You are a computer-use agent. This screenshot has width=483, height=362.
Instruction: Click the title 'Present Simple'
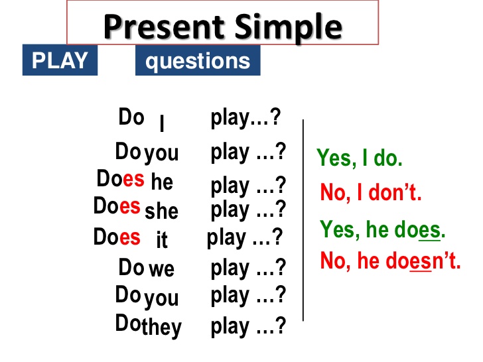click(x=223, y=27)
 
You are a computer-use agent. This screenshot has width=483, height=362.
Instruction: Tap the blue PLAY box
click(x=60, y=60)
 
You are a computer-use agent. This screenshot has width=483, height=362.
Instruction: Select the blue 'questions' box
click(x=198, y=62)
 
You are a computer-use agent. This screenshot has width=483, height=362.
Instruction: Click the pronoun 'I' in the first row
click(x=162, y=124)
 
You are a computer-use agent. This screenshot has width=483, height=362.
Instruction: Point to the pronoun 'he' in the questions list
click(x=162, y=181)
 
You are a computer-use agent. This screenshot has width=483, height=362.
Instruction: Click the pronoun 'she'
click(x=161, y=211)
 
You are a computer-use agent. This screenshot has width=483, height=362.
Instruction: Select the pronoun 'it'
click(x=162, y=239)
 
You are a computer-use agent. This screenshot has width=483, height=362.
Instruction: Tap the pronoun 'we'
click(x=161, y=269)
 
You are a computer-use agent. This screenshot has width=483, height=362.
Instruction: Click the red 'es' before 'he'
click(x=133, y=178)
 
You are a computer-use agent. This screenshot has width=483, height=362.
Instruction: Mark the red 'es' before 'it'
click(x=130, y=237)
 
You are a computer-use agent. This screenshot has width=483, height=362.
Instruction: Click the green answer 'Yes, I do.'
click(x=360, y=158)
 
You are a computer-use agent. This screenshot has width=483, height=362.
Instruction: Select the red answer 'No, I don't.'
click(x=371, y=194)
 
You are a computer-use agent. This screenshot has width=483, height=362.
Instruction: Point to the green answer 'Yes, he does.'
click(x=383, y=229)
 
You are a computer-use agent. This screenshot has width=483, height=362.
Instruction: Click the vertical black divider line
click(x=303, y=219)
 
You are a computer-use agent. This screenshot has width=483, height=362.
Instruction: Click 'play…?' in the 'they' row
click(x=248, y=326)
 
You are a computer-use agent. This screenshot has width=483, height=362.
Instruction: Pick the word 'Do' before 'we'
click(x=131, y=267)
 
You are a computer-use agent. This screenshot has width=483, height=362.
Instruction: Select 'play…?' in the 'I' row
click(x=245, y=118)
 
